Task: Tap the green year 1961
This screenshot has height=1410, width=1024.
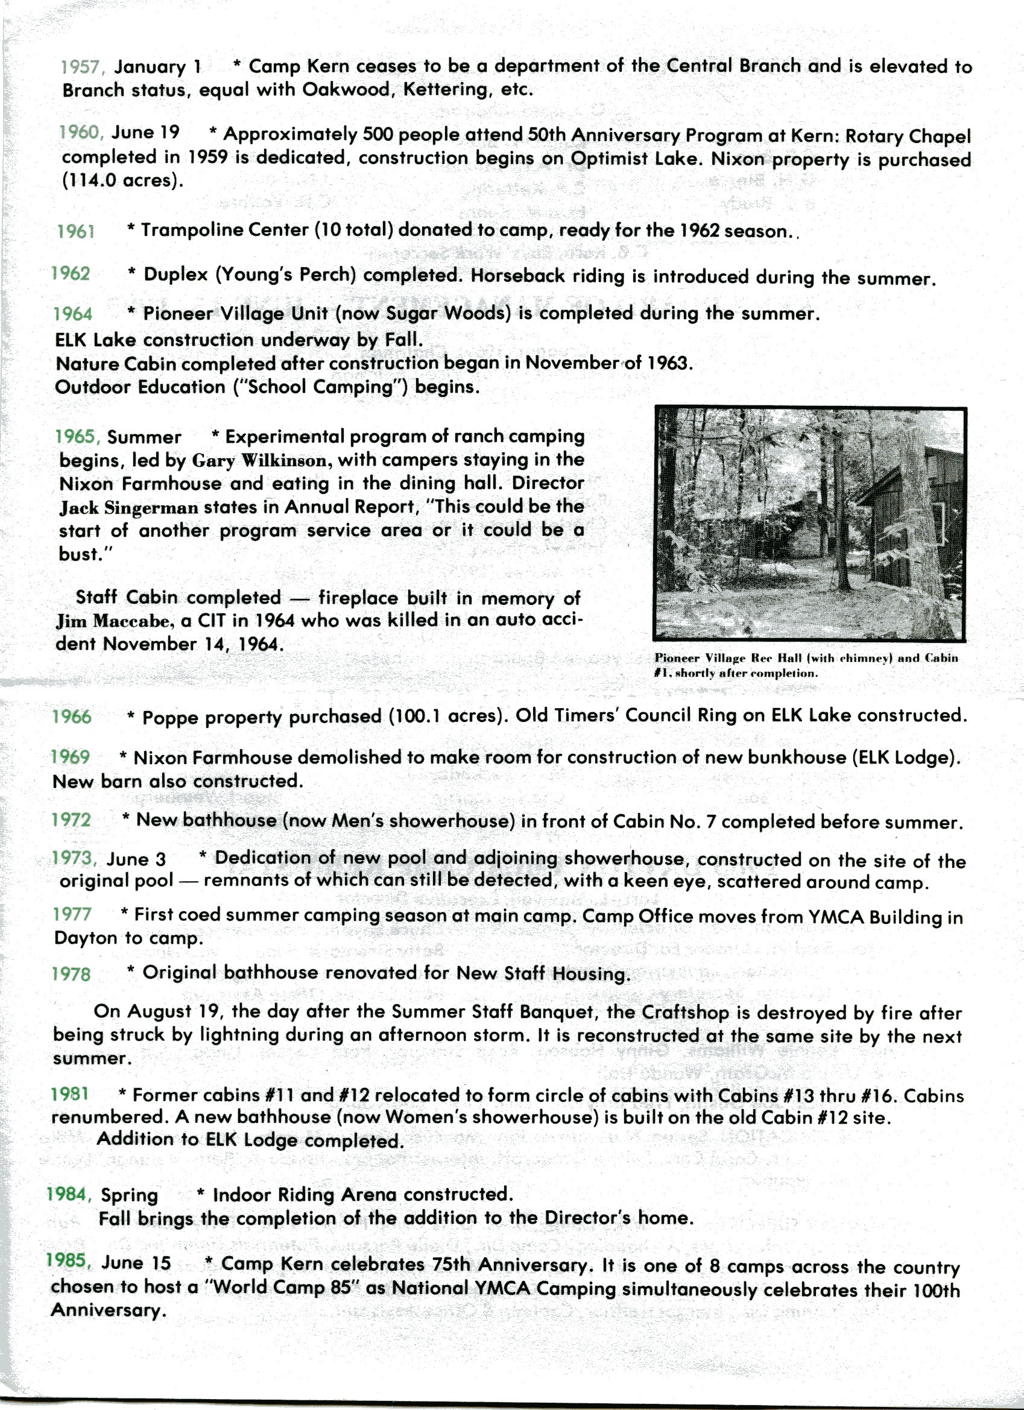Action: pyautogui.click(x=76, y=232)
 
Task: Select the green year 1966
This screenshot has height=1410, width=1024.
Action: pyautogui.click(x=72, y=717)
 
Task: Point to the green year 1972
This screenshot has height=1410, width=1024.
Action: pyautogui.click(x=71, y=820)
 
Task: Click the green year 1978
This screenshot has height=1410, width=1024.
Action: pyautogui.click(x=71, y=974)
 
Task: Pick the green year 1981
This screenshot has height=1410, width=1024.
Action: pyautogui.click(x=69, y=1094)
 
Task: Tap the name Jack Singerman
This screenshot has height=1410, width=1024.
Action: pyautogui.click(x=128, y=508)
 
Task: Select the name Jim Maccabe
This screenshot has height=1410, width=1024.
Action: pyautogui.click(x=112, y=621)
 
